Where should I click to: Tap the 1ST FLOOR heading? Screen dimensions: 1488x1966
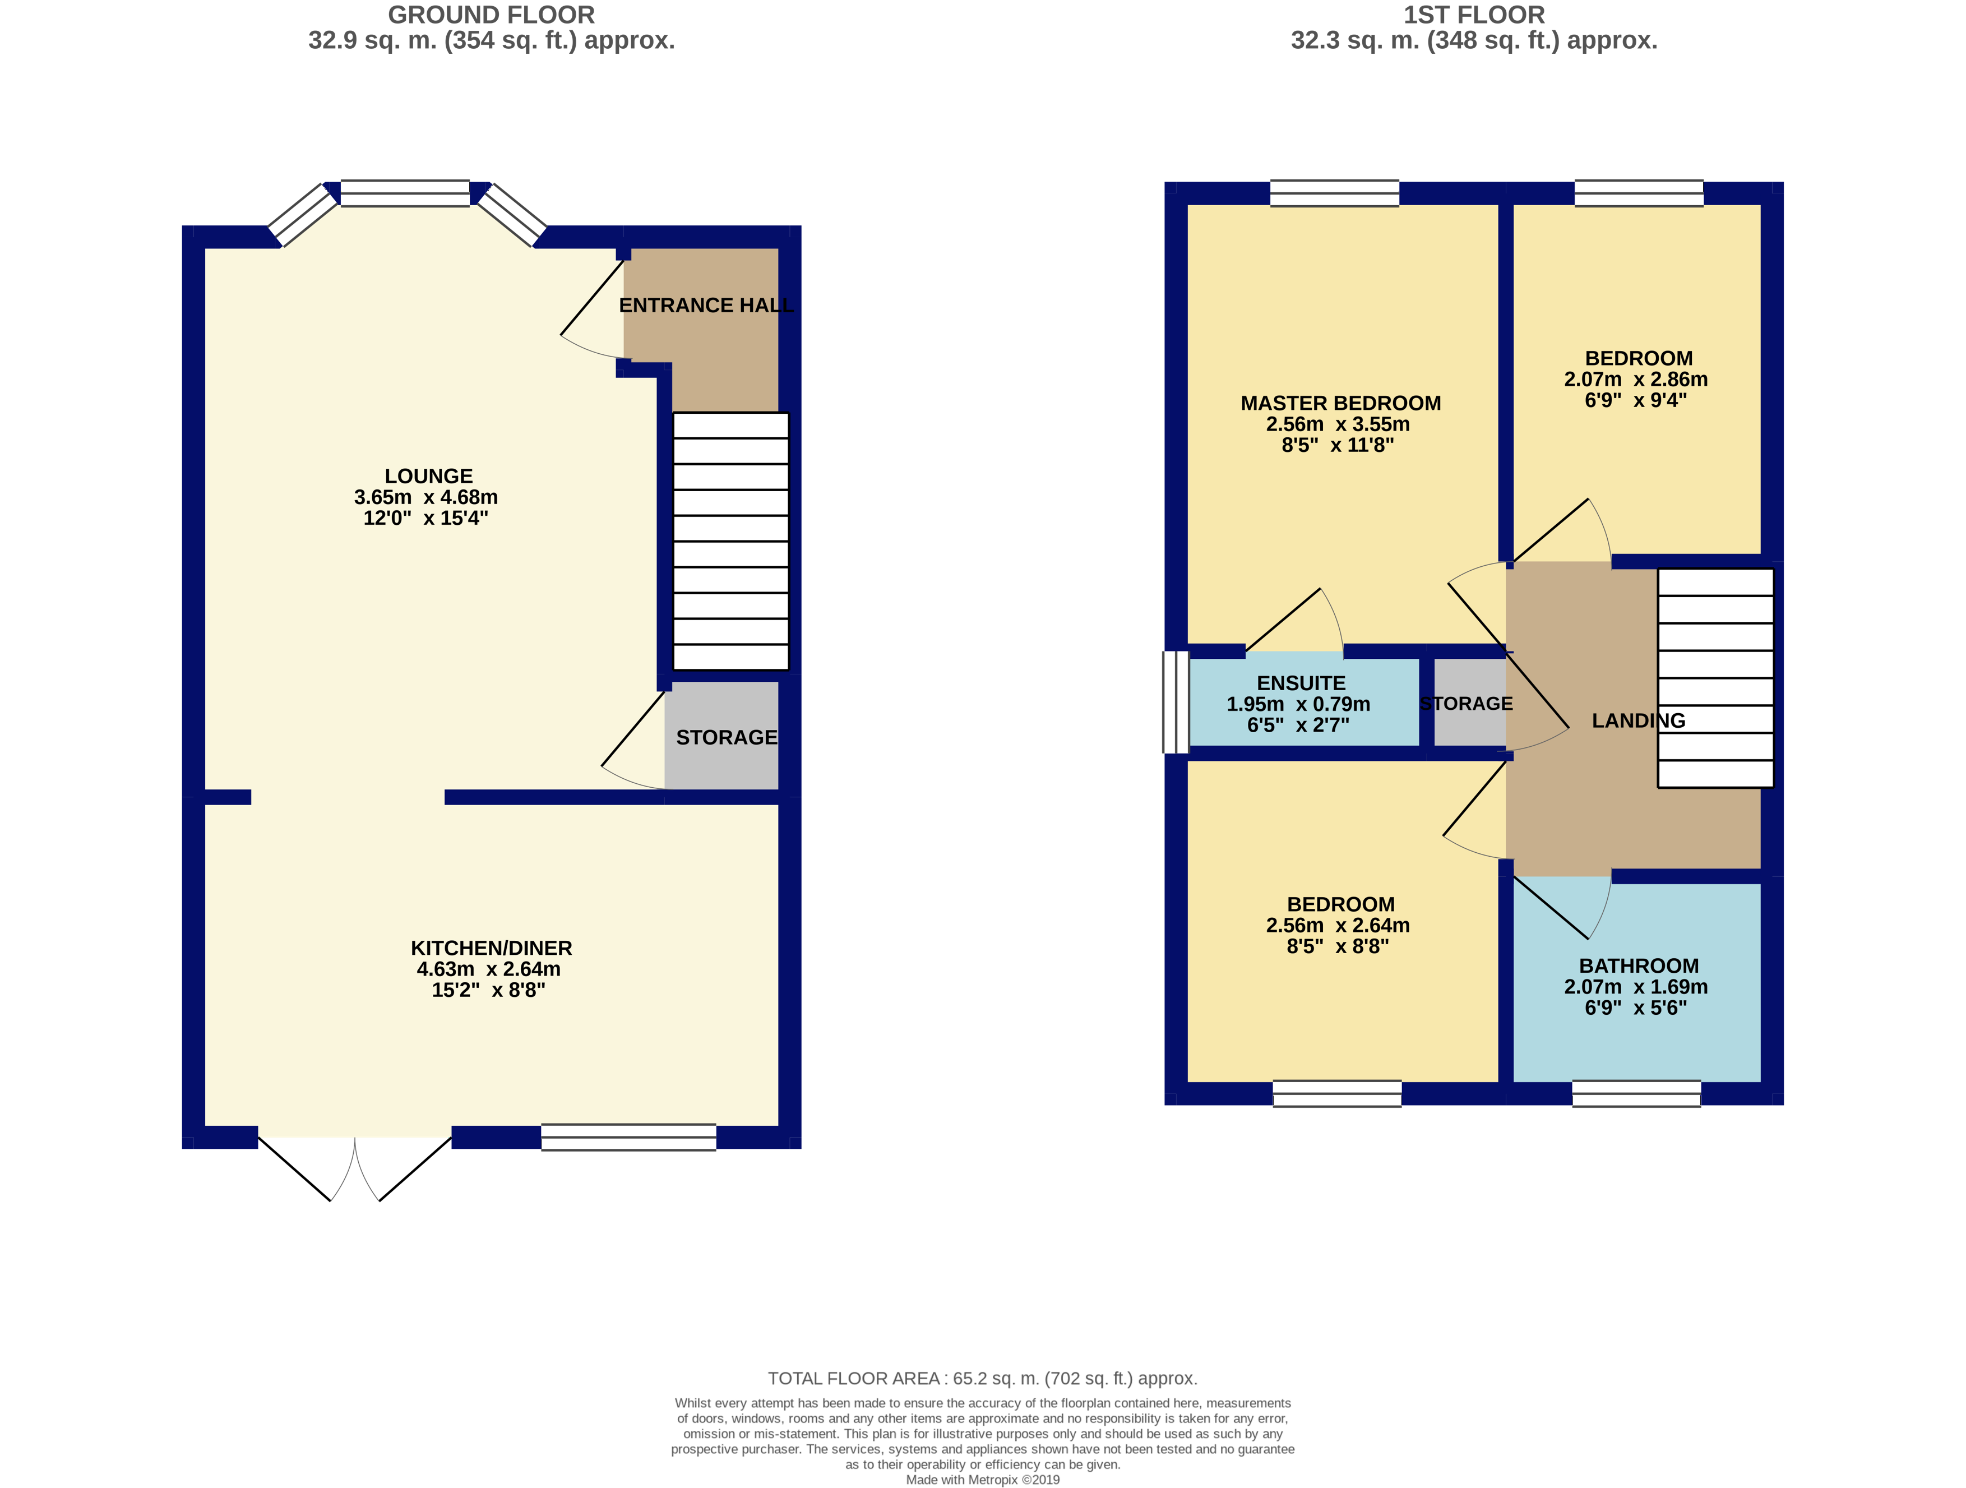pyautogui.click(x=1474, y=15)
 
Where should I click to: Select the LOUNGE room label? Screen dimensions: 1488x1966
pyautogui.click(x=428, y=477)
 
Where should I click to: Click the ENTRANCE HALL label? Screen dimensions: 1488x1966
pyautogui.click(x=706, y=306)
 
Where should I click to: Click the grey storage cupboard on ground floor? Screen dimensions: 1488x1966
pyautogui.click(x=721, y=736)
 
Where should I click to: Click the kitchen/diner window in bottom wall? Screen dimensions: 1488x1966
pyautogui.click(x=628, y=1137)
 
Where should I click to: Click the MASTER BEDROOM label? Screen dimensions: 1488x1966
pyautogui.click(x=1340, y=404)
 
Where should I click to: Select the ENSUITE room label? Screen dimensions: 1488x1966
pyautogui.click(x=1301, y=683)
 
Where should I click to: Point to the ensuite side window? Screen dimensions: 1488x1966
pyautogui.click(x=1176, y=702)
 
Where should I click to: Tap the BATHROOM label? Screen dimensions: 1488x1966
pyautogui.click(x=1638, y=966)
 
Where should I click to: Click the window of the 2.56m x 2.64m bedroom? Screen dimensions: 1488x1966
pyautogui.click(x=1337, y=1093)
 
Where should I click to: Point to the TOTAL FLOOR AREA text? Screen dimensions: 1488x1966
pyautogui.click(x=982, y=1379)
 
